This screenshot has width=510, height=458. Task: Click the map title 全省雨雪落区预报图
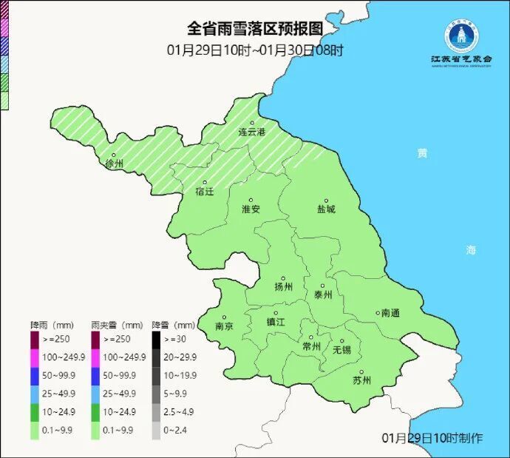click(x=255, y=29)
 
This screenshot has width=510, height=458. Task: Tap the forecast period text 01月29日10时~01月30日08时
click(x=255, y=50)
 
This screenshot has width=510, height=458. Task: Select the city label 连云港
click(x=251, y=131)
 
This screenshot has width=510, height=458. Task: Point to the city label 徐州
click(x=115, y=163)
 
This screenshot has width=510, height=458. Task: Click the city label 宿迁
click(x=205, y=191)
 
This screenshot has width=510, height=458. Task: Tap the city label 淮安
click(x=251, y=209)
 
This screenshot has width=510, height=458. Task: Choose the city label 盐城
click(x=325, y=209)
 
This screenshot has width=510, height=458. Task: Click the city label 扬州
click(x=283, y=286)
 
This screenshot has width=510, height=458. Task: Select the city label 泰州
click(x=323, y=294)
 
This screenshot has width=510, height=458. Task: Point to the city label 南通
click(x=390, y=313)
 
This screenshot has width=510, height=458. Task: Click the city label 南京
click(x=224, y=326)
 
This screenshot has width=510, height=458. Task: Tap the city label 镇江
click(x=275, y=321)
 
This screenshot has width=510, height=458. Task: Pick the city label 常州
click(x=312, y=346)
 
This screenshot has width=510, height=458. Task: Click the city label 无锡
click(x=341, y=348)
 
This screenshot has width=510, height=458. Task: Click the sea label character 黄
click(x=421, y=153)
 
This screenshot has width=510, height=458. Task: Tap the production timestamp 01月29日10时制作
click(x=432, y=438)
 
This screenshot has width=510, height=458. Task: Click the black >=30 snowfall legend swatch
click(x=156, y=339)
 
